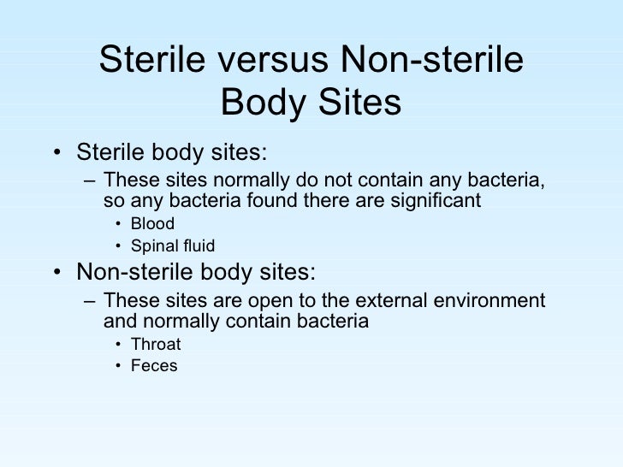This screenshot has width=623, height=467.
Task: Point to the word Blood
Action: tap(153, 224)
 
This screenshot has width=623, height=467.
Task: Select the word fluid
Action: tap(198, 246)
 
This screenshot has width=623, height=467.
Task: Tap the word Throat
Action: tap(157, 345)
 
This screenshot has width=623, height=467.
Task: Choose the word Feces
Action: tap(155, 366)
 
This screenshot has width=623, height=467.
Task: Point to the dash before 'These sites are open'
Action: tap(88, 301)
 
